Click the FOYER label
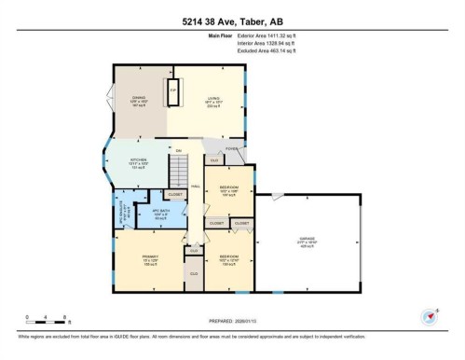[x=231, y=148]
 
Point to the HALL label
[x=197, y=187]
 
